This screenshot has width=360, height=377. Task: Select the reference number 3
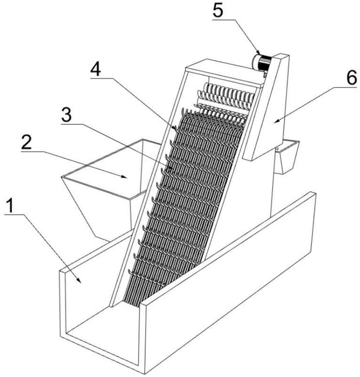(x=66, y=115)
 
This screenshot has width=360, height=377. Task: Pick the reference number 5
(x=218, y=10)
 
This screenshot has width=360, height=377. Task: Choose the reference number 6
(x=352, y=78)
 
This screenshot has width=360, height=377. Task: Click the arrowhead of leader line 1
(x=79, y=279)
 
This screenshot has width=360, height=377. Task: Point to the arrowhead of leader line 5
(x=258, y=52)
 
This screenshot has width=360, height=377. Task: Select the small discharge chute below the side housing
(x=287, y=156)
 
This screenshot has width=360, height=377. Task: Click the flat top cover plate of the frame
(x=224, y=73)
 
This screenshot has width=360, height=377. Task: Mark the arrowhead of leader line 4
(x=175, y=129)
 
